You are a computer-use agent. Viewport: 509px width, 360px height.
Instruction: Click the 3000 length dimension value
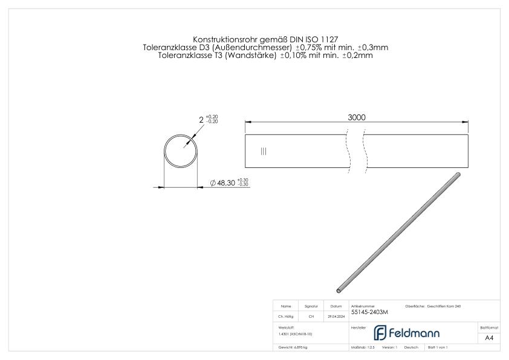pos(357,117)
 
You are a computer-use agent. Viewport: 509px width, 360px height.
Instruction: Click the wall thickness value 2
pos(201,120)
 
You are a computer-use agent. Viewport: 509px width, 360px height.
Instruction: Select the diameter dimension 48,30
pos(225,182)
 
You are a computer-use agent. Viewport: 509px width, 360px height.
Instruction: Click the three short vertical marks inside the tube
pos(264,151)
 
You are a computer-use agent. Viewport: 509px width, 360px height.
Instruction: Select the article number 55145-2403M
pos(369,312)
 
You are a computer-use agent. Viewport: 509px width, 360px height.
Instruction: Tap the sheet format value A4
pos(489,338)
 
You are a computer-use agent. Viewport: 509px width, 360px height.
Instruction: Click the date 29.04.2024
pos(336,316)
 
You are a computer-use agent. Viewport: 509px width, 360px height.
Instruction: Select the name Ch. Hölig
pos(287,316)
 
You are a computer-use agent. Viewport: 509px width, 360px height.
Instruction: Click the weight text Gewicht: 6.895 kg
pos(293,348)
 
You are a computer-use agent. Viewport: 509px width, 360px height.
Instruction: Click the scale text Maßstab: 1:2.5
pos(363,348)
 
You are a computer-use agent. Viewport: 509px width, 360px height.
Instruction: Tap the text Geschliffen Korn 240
pos(445,306)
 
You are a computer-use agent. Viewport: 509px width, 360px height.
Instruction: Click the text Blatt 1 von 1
pos(437,348)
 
